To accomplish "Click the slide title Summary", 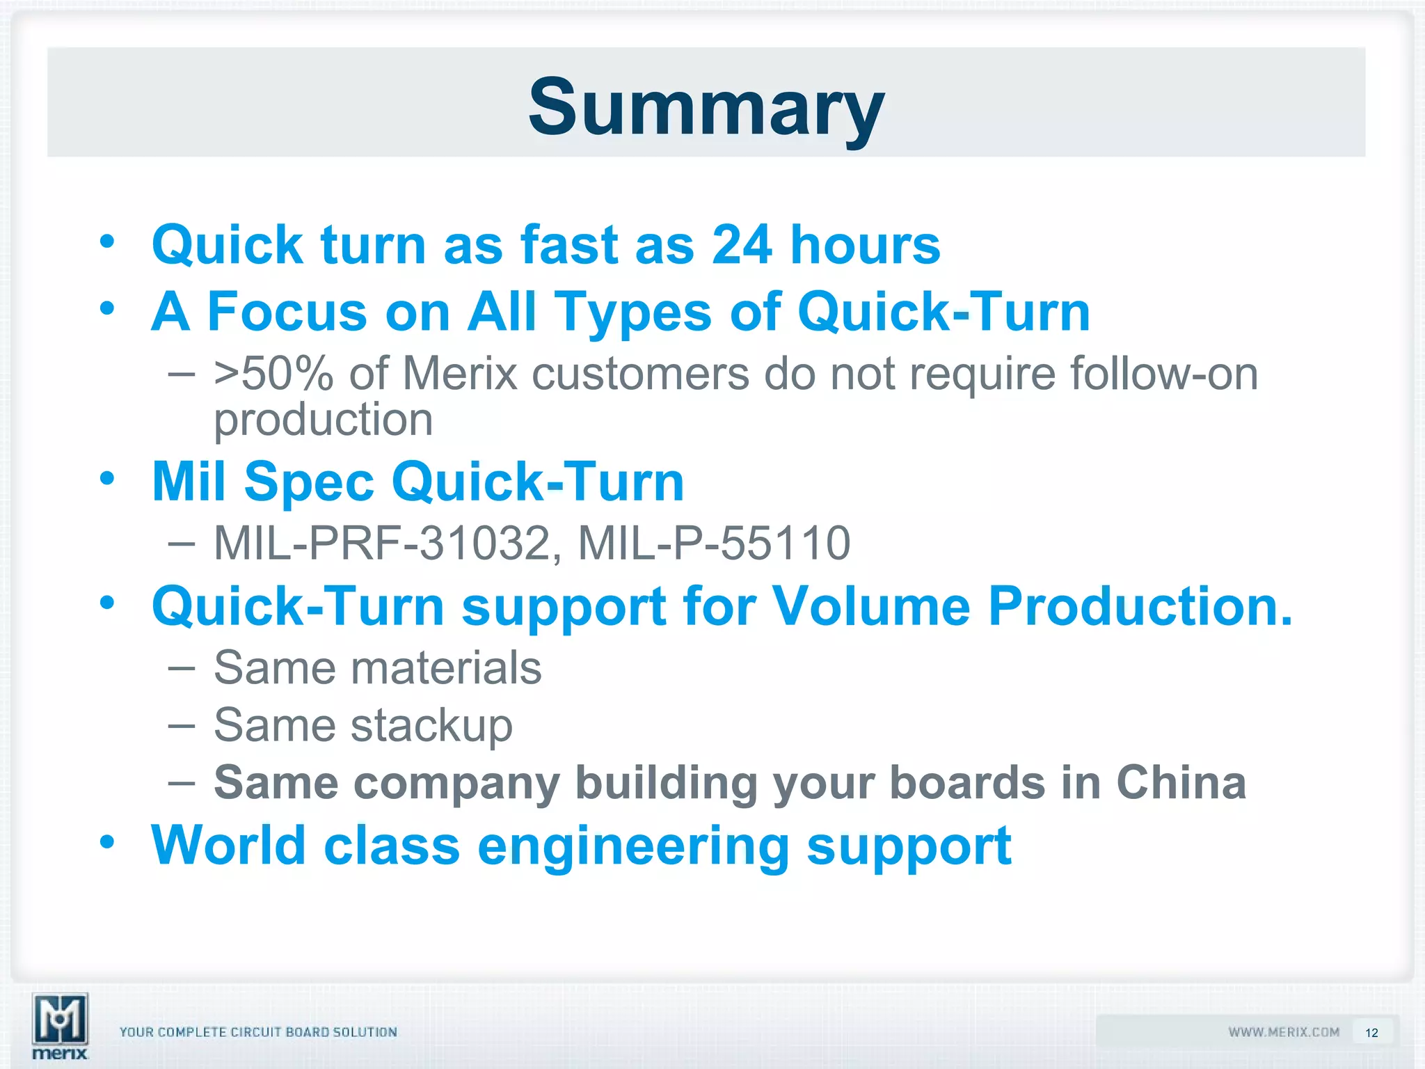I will (706, 108).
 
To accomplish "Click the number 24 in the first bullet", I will (742, 245).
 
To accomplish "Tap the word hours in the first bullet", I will (865, 245).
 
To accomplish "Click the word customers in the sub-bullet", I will (640, 374).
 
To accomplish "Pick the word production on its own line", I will (323, 420).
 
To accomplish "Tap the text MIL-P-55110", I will (714, 543).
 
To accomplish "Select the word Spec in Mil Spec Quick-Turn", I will (310, 482).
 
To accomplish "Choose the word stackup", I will (431, 726).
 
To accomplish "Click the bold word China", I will (1181, 783).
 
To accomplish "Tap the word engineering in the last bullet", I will (633, 846).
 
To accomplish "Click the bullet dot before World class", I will (106, 842).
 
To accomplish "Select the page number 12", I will (1371, 1033).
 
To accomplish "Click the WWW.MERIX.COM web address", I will (1284, 1032).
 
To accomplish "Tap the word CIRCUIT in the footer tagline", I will (255, 1032).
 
